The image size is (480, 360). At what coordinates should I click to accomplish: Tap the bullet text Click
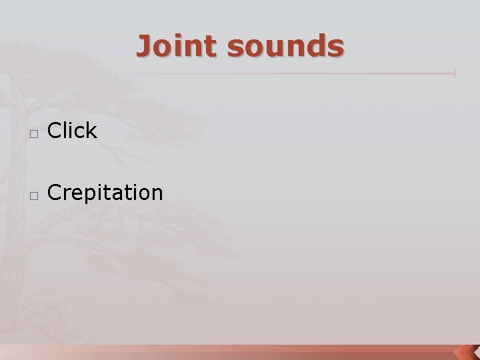73,131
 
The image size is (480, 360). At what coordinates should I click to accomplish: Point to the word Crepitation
105,193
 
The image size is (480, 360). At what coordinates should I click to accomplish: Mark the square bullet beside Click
34,133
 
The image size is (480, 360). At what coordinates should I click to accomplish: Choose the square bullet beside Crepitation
34,195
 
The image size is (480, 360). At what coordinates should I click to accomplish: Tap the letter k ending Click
91,131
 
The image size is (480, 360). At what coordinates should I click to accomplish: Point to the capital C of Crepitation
55,193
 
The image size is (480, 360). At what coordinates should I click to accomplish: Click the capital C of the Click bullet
55,131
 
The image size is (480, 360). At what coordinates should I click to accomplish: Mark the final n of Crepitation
156,193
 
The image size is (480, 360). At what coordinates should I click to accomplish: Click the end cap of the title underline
455,73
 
